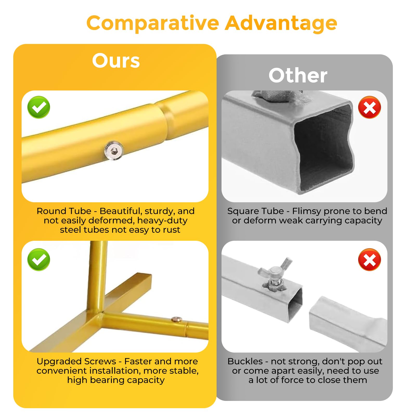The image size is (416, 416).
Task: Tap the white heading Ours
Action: [x=116, y=61]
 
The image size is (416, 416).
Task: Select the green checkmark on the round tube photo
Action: [x=39, y=107]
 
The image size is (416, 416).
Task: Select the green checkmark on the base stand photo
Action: [x=39, y=259]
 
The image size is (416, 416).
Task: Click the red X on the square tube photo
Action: [x=369, y=107]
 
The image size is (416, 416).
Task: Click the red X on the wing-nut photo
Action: [x=369, y=259]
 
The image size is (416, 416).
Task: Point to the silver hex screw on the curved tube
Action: [x=114, y=151]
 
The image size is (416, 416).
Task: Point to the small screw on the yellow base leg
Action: [x=177, y=319]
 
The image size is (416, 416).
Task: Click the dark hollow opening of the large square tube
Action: [x=324, y=148]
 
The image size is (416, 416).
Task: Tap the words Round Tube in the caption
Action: [x=64, y=211]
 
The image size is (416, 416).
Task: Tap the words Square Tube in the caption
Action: [x=256, y=211]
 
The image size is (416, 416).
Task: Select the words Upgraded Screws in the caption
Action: [x=76, y=361]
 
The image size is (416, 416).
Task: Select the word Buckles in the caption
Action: [x=245, y=361]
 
